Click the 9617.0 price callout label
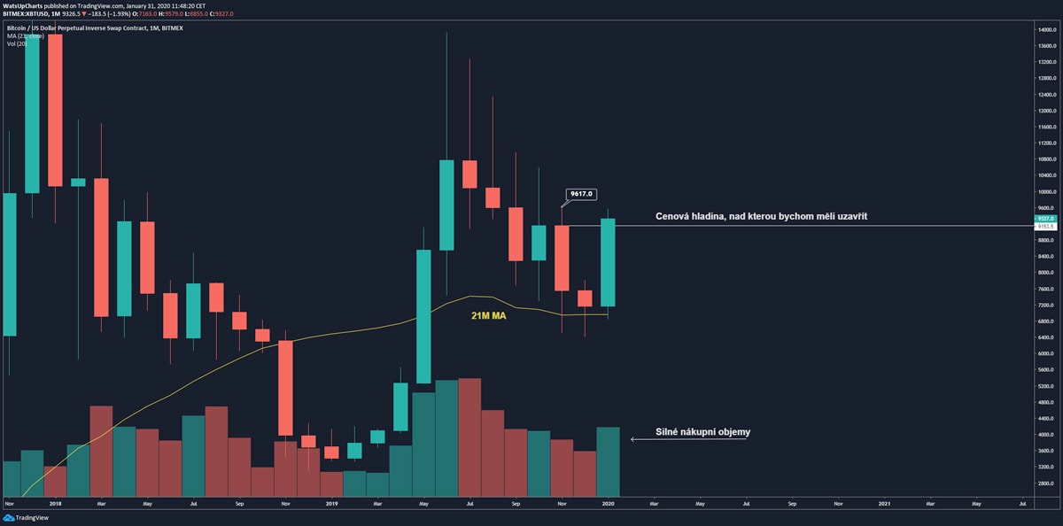coord(580,193)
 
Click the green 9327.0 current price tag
coord(1045,218)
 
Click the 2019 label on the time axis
coord(330,503)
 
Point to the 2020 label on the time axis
coord(608,503)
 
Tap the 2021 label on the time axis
coord(884,503)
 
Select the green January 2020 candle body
coord(608,263)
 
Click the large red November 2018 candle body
coord(285,388)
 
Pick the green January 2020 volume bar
coord(608,461)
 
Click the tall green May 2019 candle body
coord(423,328)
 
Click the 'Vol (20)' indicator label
coord(18,43)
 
